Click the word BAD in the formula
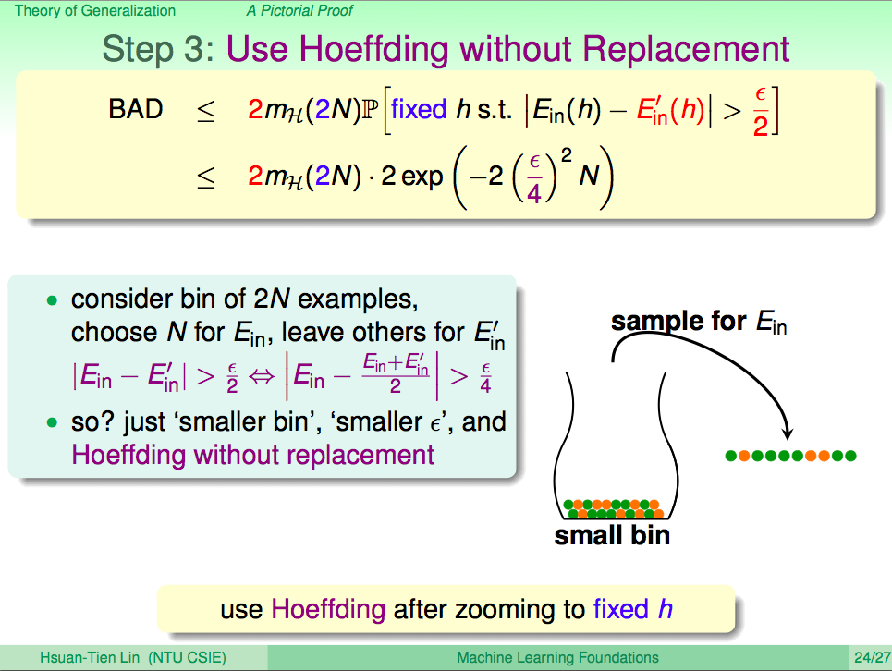click(135, 109)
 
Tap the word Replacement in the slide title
click(686, 49)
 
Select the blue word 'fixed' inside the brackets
click(418, 109)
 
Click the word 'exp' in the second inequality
click(422, 177)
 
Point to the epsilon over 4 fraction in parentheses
click(533, 178)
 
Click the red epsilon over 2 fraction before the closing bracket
click(761, 112)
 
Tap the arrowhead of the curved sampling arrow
click(788, 433)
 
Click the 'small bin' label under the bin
click(612, 536)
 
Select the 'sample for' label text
click(678, 322)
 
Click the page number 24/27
click(872, 658)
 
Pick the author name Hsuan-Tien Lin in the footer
click(90, 658)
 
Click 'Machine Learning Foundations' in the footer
click(557, 658)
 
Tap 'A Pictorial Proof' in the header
click(299, 11)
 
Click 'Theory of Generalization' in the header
click(95, 11)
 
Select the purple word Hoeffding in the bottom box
click(328, 610)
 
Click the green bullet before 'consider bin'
click(53, 300)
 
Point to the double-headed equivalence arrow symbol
click(262, 376)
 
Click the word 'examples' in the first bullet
click(358, 299)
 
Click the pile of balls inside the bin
click(613, 509)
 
